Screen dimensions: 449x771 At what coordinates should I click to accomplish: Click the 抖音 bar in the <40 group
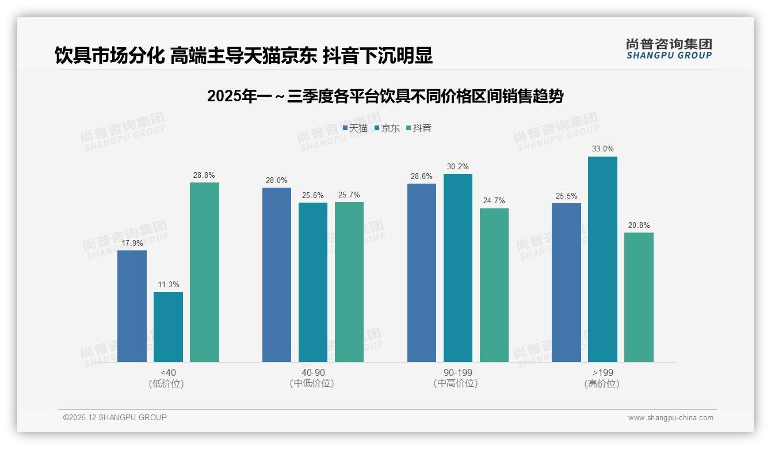coord(204,272)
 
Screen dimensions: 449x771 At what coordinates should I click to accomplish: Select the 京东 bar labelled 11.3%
coord(168,327)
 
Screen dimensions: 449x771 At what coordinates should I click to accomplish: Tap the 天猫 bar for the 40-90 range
coord(277,275)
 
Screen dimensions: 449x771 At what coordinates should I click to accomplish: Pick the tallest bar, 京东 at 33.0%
coord(602,259)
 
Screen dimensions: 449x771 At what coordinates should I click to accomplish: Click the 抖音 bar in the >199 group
coord(639,297)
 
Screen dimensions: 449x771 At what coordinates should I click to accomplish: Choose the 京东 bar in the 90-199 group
coord(457,268)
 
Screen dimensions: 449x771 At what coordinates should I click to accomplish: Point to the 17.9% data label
coord(132,243)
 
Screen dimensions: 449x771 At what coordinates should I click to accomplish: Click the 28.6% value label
coord(422,177)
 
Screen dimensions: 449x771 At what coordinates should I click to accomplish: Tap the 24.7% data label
coord(494,201)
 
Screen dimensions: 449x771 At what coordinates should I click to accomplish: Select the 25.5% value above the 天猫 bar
coord(566,196)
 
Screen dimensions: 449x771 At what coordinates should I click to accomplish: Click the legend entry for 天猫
coord(355,128)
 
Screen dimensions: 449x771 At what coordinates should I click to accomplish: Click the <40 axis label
coord(168,372)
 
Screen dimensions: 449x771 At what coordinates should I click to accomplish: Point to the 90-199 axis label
coord(457,372)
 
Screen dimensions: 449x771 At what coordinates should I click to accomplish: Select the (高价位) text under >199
coord(602,384)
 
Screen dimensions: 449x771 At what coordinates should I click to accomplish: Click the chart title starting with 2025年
coord(385,96)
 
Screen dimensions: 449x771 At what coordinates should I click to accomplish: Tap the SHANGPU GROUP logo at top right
coord(669,49)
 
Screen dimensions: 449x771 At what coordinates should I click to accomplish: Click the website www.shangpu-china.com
coord(670,418)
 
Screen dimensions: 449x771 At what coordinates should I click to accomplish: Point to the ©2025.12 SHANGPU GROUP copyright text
coord(115,417)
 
